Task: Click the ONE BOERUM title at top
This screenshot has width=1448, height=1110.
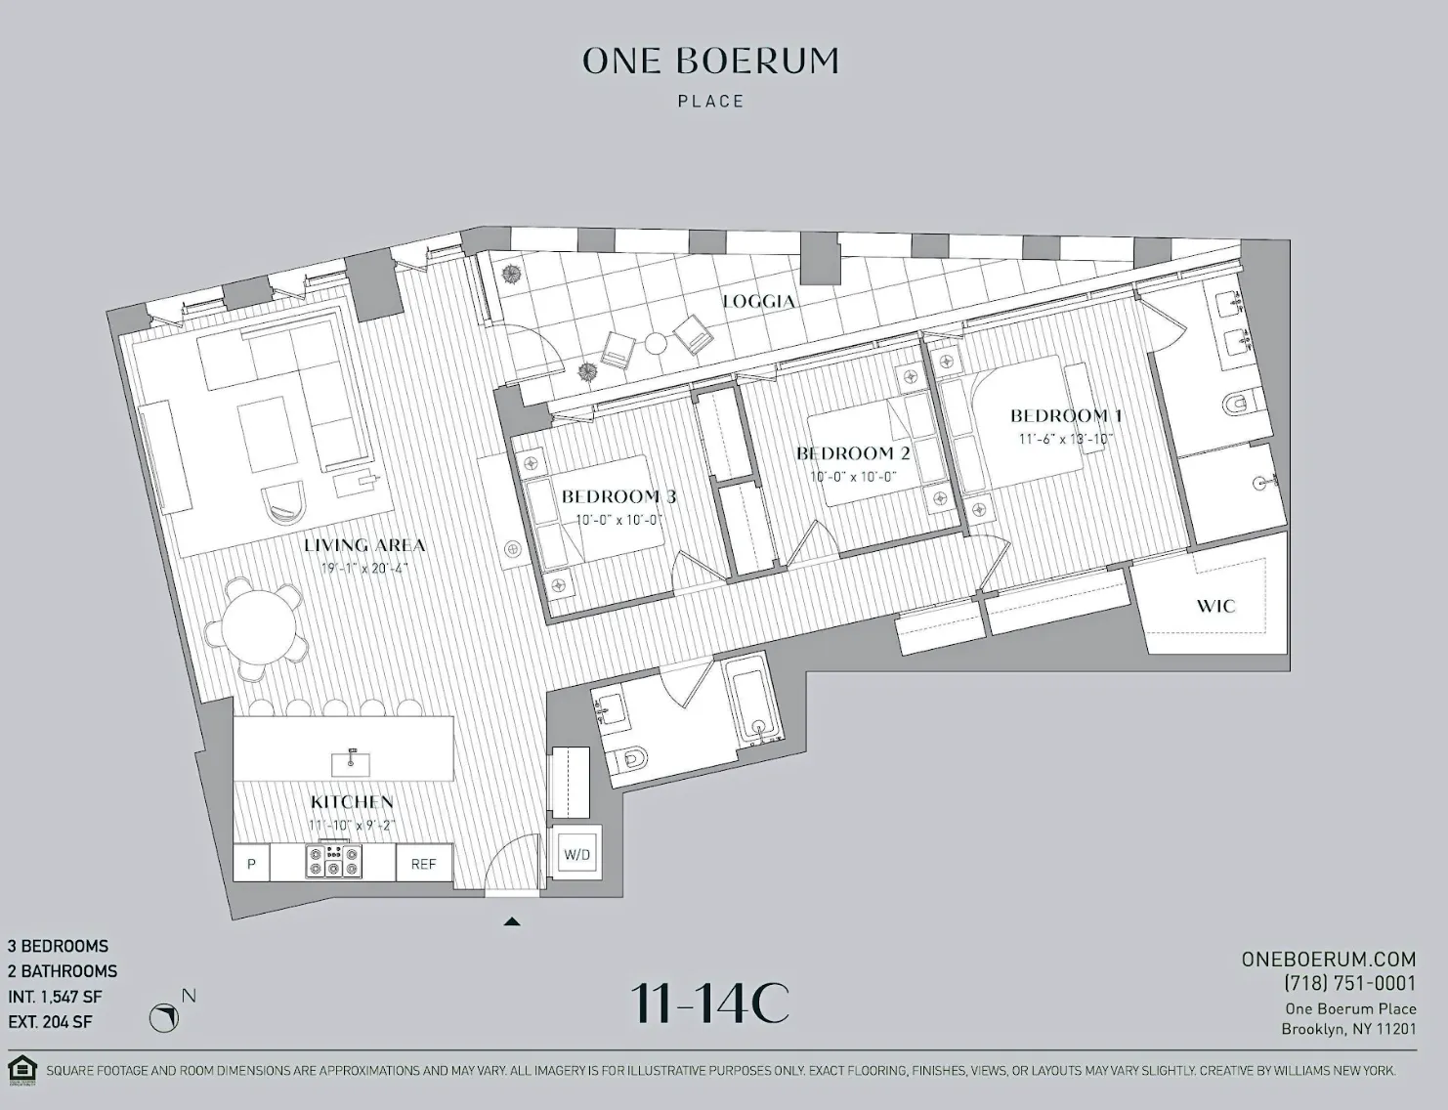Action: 710,61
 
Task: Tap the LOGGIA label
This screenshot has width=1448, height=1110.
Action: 758,301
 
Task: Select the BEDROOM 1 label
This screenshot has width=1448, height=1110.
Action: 1066,415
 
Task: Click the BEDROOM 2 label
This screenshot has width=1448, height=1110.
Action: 853,453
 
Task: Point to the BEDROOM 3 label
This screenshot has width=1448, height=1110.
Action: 618,496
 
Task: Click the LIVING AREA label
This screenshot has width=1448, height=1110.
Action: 364,545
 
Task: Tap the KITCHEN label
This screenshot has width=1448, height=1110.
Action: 352,801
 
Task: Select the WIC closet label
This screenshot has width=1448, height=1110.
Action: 1215,606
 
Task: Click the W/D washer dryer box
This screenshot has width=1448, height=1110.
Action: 576,855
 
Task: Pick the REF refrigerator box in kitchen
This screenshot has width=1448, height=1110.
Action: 423,864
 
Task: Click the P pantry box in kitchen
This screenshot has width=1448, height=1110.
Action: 251,864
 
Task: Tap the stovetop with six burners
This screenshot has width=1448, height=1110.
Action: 333,862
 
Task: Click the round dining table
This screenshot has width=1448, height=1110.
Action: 259,626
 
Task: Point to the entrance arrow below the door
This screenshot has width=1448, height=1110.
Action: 511,920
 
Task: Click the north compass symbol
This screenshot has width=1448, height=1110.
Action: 164,1018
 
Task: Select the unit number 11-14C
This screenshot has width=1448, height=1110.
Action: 709,1003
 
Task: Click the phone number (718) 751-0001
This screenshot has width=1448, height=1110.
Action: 1349,984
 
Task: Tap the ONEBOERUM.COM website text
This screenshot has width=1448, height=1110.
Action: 1329,960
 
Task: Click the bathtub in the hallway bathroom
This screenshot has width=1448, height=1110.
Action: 755,701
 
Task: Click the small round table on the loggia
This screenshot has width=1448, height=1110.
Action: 655,343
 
